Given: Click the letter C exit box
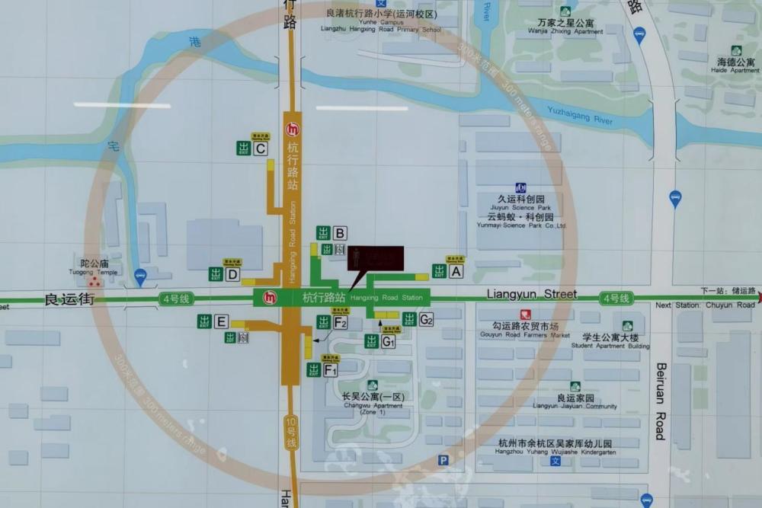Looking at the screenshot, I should tap(261, 149).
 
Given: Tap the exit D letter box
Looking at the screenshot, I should tap(233, 274).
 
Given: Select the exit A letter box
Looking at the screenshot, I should tap(456, 270).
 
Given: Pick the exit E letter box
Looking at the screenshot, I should tap(221, 321).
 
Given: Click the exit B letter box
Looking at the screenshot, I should tap(340, 233).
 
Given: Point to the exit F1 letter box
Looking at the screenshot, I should tap(331, 370).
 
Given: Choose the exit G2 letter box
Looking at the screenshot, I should tap(426, 319).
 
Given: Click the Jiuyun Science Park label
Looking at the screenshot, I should tap(523, 203).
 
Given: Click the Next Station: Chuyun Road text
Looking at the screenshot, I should tap(705, 305).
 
